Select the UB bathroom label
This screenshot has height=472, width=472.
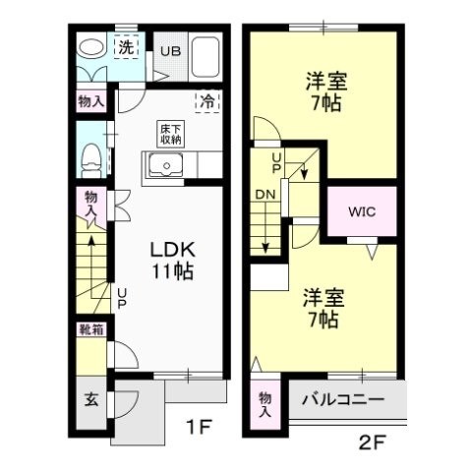[x=171, y=52]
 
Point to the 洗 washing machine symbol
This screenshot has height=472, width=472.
[x=126, y=46]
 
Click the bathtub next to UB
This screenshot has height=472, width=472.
[x=208, y=56]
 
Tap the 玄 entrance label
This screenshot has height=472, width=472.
[x=89, y=400]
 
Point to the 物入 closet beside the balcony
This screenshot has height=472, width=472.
[x=265, y=404]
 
